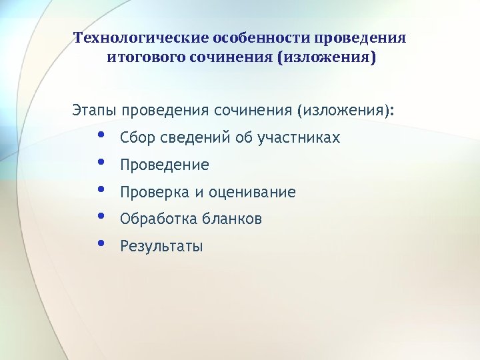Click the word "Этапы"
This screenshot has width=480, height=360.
click(x=93, y=109)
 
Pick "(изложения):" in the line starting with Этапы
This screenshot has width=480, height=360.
click(x=346, y=109)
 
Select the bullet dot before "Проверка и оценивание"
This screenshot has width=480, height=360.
click(x=101, y=189)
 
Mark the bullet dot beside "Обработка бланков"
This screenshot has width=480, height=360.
click(x=101, y=215)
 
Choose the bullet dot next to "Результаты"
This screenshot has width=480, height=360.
click(x=101, y=243)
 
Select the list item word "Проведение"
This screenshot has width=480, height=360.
click(x=165, y=165)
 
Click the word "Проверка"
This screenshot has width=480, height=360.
click(x=155, y=193)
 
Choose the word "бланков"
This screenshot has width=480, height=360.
click(x=232, y=219)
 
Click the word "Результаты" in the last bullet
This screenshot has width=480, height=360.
click(x=161, y=247)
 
